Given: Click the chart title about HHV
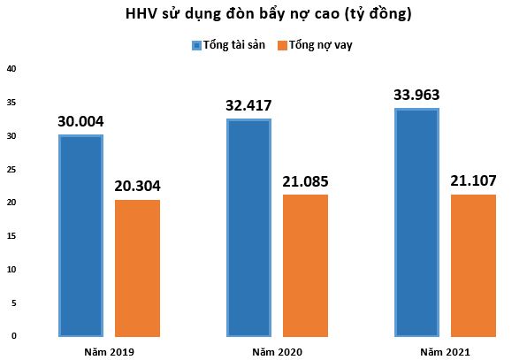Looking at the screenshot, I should [263, 15].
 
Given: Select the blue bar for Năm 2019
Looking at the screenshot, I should [80, 235].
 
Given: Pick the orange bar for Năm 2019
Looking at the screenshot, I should [137, 267].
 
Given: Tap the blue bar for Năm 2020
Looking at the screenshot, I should [248, 227].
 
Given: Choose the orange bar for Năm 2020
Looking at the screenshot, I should [305, 264].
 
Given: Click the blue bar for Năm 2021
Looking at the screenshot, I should [416, 222].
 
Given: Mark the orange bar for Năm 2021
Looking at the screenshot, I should [473, 264].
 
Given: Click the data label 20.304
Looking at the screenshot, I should [137, 187].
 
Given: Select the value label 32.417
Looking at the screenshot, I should [248, 107].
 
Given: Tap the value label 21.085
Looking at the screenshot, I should [305, 182].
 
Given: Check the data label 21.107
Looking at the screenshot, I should [473, 182].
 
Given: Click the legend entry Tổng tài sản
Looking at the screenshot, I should [233, 45].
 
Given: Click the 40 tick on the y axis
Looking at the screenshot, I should [11, 68].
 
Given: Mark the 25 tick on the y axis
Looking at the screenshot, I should [11, 169].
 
